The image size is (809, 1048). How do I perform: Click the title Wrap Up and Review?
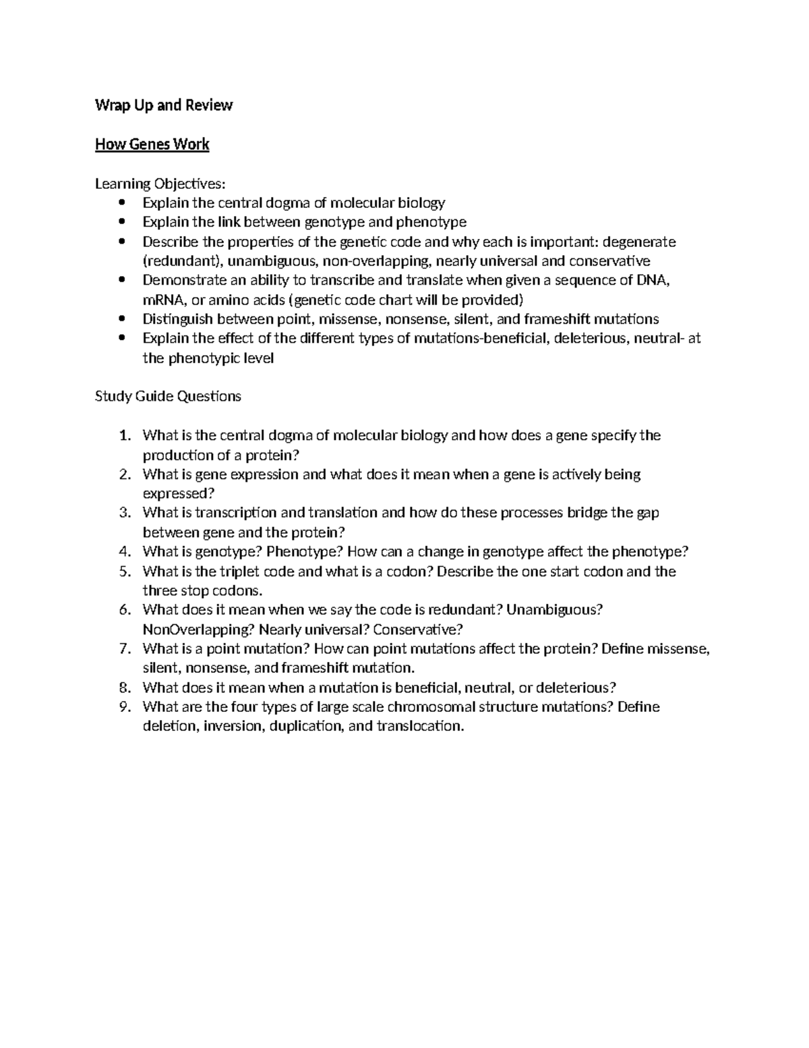[x=164, y=105]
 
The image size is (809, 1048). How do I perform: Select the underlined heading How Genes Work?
[x=152, y=144]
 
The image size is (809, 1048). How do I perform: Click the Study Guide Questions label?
[x=168, y=396]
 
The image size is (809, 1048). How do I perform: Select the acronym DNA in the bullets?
[x=653, y=280]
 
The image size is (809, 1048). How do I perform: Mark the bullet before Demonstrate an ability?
[x=121, y=280]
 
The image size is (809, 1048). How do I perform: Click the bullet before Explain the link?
[x=121, y=222]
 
